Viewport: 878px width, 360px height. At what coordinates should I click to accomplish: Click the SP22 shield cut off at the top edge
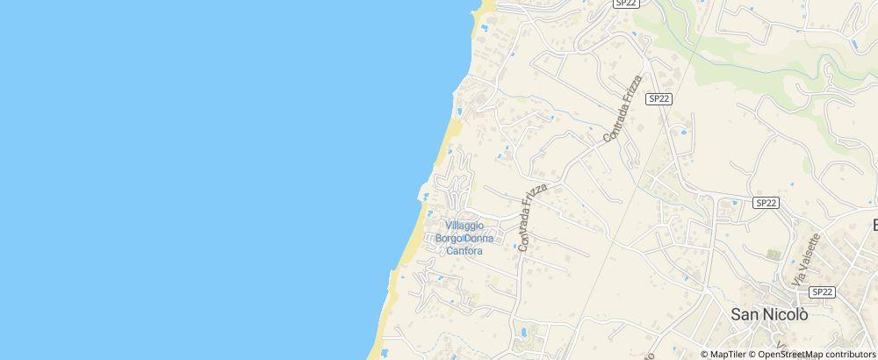625,4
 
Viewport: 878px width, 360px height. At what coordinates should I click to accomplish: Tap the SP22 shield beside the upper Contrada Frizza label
658,99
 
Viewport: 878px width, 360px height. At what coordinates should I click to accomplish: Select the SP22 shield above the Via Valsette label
766,203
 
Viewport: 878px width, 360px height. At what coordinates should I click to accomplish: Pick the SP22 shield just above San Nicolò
822,292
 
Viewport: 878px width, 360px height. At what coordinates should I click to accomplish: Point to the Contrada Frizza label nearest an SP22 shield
623,109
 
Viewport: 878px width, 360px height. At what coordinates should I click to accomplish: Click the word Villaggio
464,226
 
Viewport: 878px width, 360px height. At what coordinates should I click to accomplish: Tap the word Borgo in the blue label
451,239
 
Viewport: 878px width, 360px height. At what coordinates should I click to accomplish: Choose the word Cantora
464,251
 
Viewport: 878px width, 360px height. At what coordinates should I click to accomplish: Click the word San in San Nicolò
747,313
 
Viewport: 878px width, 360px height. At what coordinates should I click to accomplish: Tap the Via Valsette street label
807,257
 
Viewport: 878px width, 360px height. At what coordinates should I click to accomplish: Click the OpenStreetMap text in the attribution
786,354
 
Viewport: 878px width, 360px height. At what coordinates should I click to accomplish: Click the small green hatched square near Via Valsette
773,255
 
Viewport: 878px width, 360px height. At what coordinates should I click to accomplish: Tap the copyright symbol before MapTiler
704,354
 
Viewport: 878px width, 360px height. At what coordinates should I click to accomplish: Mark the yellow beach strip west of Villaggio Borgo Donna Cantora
406,246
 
